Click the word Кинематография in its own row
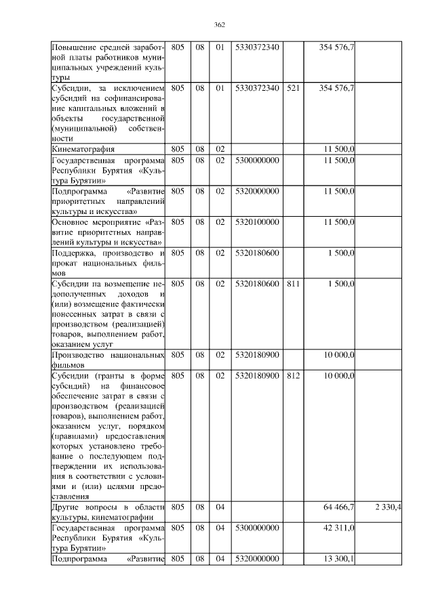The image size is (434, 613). coord(83,148)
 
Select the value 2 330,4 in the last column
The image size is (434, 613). coord(388,507)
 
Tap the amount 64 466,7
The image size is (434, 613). coord(337,507)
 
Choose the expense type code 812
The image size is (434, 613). coord(293,375)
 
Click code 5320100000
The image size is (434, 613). coord(257,222)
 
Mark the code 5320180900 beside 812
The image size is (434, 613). coord(257,375)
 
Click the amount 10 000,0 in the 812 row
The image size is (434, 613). coord(338,375)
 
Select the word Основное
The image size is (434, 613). coord(73,222)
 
